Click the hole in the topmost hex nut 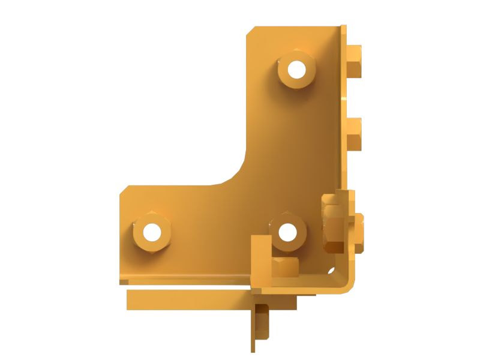(x=296, y=70)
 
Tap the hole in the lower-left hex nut (x=152, y=231)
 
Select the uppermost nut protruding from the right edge (x=355, y=61)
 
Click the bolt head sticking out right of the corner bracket (x=358, y=232)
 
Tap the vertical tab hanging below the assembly (x=260, y=327)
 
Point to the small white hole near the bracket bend (x=330, y=271)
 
